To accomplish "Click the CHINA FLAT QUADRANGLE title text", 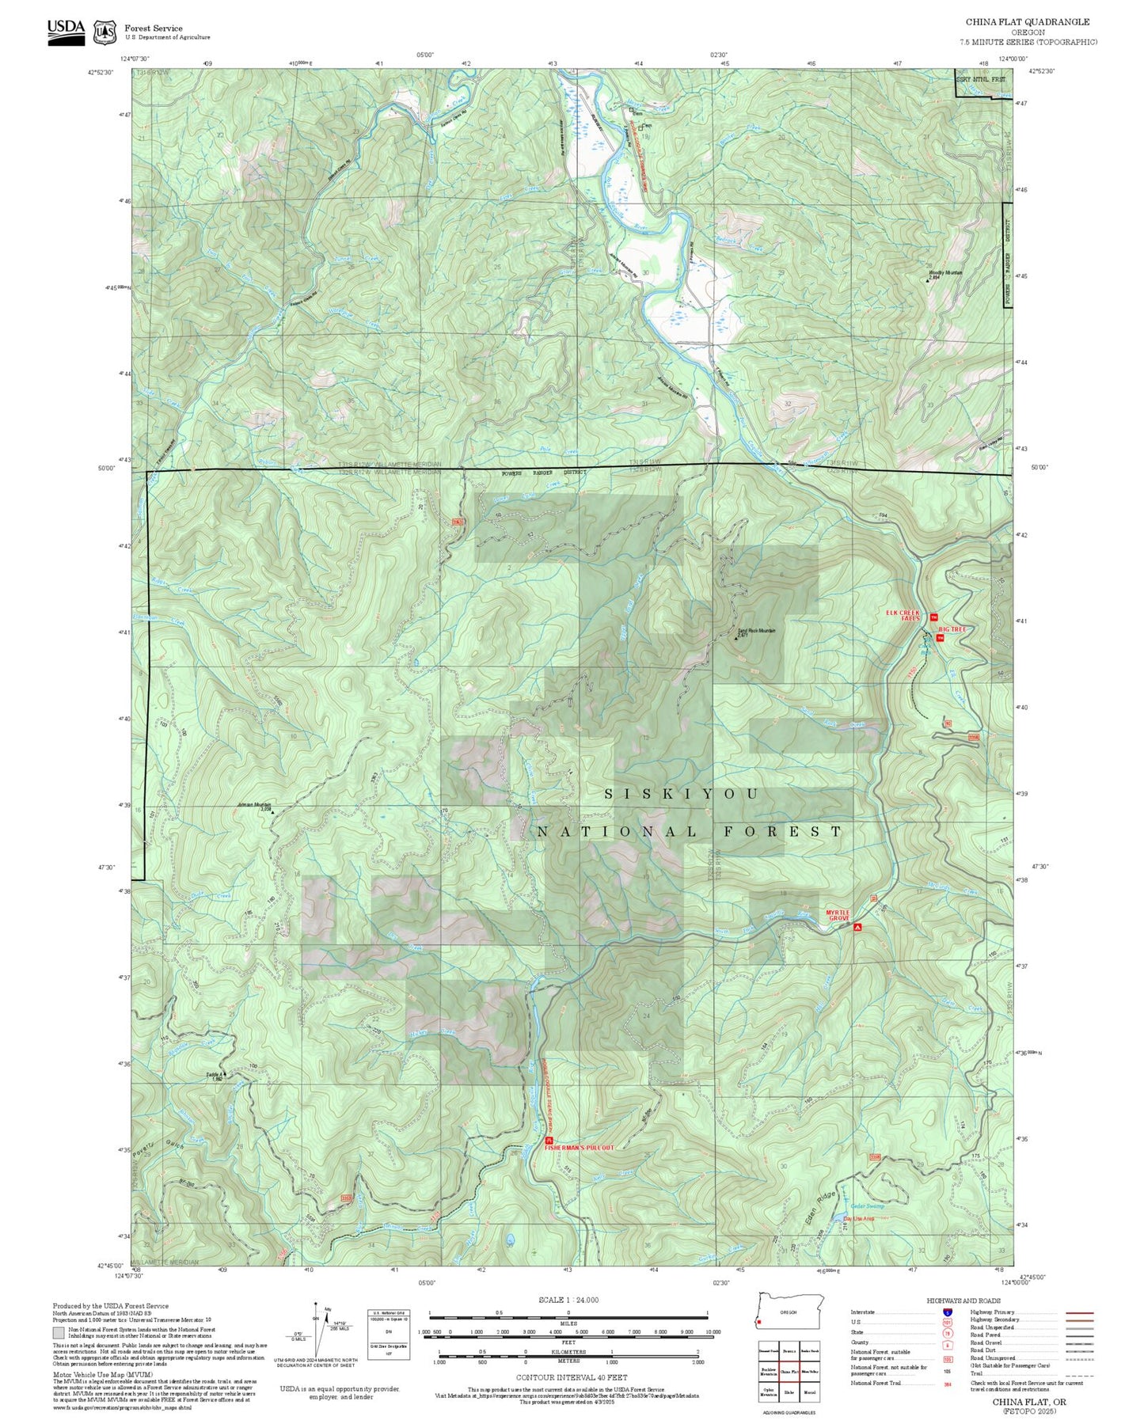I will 1027,22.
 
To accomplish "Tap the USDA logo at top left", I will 66,32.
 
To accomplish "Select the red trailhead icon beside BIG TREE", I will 940,638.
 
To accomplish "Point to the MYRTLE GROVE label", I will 838,915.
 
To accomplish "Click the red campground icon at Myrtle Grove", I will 857,926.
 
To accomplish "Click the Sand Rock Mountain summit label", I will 756,631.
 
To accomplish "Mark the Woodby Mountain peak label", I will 945,273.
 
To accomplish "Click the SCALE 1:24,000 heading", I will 568,1300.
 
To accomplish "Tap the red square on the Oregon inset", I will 760,1322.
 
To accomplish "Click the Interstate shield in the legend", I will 947,1312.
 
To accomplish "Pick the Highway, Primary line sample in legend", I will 1079,1312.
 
